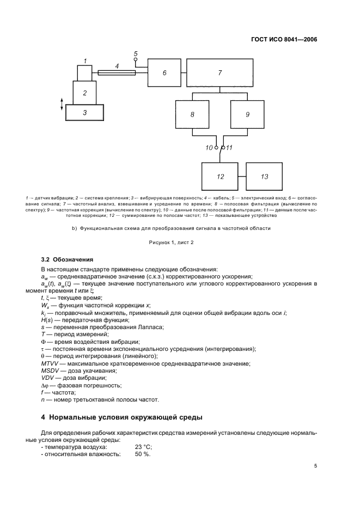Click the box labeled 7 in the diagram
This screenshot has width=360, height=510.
click(x=220, y=72)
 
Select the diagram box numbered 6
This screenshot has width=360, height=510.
click(x=164, y=72)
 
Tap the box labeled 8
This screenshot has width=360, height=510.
click(x=192, y=116)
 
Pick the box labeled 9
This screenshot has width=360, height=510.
click(x=247, y=116)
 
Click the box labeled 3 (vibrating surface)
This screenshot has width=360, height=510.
click(x=84, y=113)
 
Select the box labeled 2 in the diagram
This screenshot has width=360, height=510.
click(x=85, y=93)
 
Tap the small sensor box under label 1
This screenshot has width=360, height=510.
click(x=85, y=72)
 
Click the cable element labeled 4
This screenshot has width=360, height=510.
click(x=117, y=72)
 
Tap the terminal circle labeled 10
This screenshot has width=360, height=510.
click(x=217, y=148)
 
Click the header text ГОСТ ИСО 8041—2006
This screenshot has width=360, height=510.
click(x=285, y=39)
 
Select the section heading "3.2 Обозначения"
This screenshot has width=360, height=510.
click(x=67, y=259)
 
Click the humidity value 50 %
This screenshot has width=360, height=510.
click(x=143, y=454)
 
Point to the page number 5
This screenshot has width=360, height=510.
click(x=315, y=466)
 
